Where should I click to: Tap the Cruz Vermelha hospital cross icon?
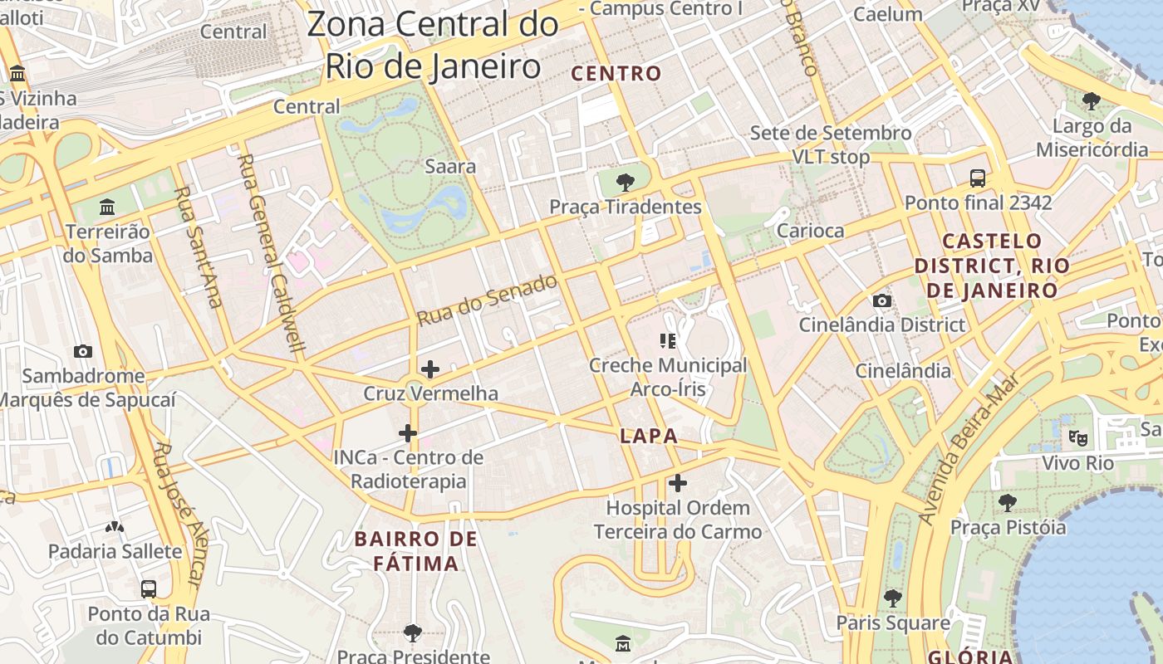coord(430,369)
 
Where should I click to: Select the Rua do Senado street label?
coord(487,300)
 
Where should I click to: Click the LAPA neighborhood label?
coord(649,436)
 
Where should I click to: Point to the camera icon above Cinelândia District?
coord(881,300)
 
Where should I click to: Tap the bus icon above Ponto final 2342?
coord(978,178)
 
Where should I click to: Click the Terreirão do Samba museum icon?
coord(107,207)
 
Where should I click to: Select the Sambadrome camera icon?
coord(82,351)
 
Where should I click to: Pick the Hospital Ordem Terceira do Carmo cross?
coord(678,482)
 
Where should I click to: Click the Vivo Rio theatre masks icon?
coord(1077,437)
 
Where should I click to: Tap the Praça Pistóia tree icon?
coord(1008,502)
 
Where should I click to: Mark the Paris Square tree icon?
coord(893,598)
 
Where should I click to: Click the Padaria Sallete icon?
coord(115,526)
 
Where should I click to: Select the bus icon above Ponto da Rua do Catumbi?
coord(149,589)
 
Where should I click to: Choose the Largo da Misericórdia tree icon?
coord(1092,101)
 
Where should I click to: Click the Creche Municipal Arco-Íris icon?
coord(668,340)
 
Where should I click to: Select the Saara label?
coord(450,166)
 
